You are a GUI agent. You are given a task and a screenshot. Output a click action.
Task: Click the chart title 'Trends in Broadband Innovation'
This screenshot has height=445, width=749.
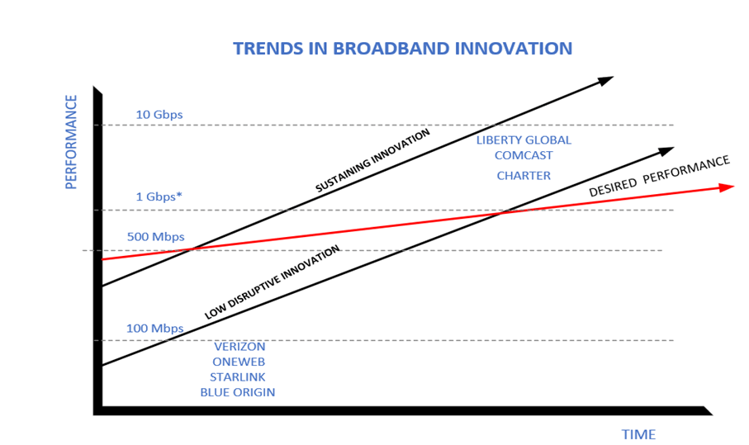[402, 48]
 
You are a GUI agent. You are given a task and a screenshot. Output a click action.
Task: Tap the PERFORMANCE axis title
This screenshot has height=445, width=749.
[71, 142]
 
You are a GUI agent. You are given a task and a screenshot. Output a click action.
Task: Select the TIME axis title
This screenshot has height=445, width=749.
[638, 434]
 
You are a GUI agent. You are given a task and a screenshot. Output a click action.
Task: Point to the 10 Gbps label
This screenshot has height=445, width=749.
[159, 114]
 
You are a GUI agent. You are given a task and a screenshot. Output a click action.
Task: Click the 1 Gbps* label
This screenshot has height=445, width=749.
[159, 197]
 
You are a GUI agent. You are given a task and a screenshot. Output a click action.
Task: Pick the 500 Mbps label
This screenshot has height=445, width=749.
[155, 237]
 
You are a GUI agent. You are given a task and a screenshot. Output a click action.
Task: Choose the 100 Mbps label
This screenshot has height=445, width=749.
[154, 329]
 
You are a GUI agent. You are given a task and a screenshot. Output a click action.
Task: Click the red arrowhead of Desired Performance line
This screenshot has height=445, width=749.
[727, 187]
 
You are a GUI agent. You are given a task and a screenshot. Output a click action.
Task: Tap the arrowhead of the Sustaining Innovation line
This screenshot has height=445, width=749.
[605, 81]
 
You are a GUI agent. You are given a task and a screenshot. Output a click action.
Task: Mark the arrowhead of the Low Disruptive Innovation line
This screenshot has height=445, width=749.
[666, 151]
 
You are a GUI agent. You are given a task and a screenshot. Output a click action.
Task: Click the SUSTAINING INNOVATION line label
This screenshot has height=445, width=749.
[373, 161]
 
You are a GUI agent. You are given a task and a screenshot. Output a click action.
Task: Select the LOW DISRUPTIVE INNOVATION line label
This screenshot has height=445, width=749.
[273, 282]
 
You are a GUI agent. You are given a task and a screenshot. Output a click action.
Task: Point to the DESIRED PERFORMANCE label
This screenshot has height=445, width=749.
[659, 176]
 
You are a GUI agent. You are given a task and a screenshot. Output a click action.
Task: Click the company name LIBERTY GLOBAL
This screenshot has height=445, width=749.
[524, 140]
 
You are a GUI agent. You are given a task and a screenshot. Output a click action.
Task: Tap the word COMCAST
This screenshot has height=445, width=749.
[524, 154]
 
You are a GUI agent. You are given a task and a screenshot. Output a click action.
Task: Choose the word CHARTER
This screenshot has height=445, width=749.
[524, 175]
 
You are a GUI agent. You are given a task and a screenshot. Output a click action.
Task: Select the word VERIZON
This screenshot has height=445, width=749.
[239, 347]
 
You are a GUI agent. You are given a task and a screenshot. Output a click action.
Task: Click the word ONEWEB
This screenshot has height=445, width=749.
[239, 362]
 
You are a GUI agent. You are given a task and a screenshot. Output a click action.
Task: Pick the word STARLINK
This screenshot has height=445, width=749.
[238, 376]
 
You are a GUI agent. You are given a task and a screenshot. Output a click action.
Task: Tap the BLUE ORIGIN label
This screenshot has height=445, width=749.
[238, 392]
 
